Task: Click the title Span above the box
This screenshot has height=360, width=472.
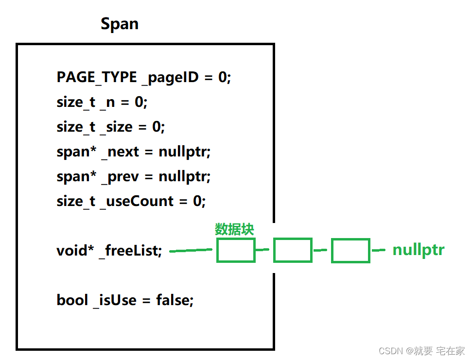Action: (x=119, y=24)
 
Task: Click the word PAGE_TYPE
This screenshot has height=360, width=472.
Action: (x=97, y=77)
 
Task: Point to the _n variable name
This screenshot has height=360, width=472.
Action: (x=107, y=102)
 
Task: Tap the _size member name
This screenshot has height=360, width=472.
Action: (x=116, y=127)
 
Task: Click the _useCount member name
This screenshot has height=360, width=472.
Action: (x=137, y=201)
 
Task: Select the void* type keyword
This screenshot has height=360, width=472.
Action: (x=75, y=251)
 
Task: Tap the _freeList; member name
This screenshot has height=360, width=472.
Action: (x=130, y=251)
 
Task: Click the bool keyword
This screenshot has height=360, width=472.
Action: (x=72, y=300)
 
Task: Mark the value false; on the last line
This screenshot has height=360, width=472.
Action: (x=175, y=300)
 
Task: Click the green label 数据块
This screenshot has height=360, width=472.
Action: (x=234, y=229)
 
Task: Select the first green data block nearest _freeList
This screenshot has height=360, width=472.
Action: (x=236, y=251)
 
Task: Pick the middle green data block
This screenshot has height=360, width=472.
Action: (x=293, y=251)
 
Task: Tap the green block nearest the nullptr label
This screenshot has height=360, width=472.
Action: (x=350, y=251)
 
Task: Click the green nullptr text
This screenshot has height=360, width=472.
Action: (x=419, y=250)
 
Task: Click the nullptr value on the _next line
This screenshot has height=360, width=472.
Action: (x=185, y=152)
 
